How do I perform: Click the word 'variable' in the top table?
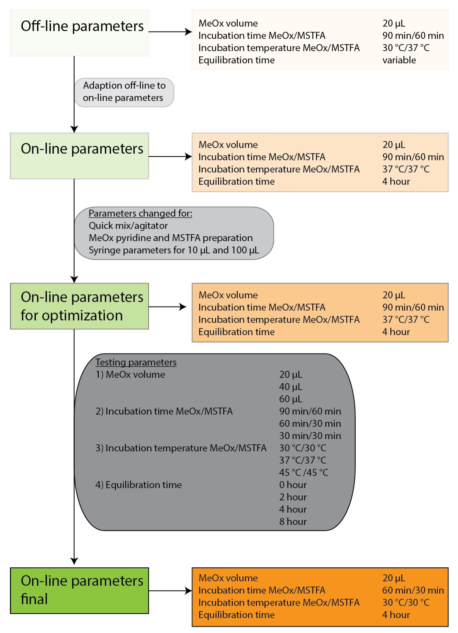click(399, 60)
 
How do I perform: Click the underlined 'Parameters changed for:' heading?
click(140, 214)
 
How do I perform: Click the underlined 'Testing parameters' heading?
click(136, 362)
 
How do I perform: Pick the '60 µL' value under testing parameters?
click(291, 399)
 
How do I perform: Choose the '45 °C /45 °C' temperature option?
click(303, 473)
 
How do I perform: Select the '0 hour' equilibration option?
click(293, 485)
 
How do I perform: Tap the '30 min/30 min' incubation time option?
click(310, 436)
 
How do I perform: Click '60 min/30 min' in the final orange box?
click(413, 590)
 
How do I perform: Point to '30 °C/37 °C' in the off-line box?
click(406, 48)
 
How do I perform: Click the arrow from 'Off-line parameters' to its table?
click(170, 32)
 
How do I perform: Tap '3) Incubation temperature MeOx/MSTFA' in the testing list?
click(181, 448)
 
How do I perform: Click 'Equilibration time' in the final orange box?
click(237, 615)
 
